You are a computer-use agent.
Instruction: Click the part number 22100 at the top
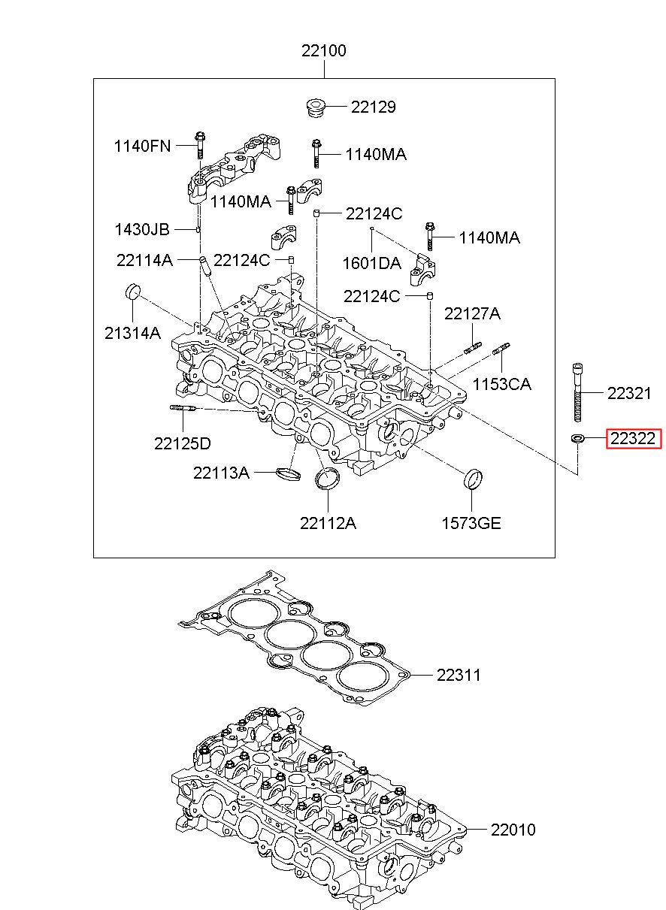coord(323,51)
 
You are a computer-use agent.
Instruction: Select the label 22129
coord(373,107)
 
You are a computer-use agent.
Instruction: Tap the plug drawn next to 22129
coord(315,107)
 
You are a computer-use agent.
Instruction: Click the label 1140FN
coord(142,146)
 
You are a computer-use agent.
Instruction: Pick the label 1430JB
coord(142,229)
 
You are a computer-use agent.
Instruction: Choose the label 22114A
coord(144,260)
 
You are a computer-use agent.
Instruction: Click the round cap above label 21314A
coord(132,292)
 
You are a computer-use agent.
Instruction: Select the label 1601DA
coord(372,263)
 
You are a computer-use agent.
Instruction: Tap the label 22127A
coord(472,313)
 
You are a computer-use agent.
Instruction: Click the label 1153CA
coord(502,384)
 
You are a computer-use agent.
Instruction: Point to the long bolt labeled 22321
coord(577,392)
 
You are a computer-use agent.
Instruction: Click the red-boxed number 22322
coord(633,439)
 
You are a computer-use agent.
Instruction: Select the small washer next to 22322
coord(577,438)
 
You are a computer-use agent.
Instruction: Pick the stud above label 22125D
coord(183,408)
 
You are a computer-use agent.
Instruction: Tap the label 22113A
coord(221,473)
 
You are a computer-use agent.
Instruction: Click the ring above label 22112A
coord(327,479)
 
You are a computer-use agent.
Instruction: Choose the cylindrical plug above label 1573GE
coord(473,479)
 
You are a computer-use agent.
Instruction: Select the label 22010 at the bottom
coord(513,830)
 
